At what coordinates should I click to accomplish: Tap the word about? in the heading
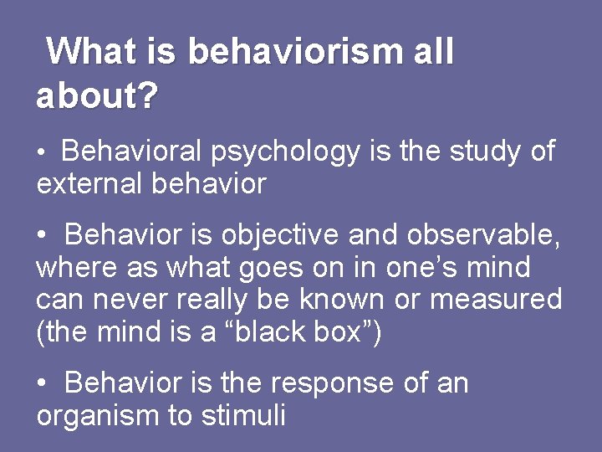(x=96, y=97)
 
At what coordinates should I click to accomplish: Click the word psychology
(x=284, y=153)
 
